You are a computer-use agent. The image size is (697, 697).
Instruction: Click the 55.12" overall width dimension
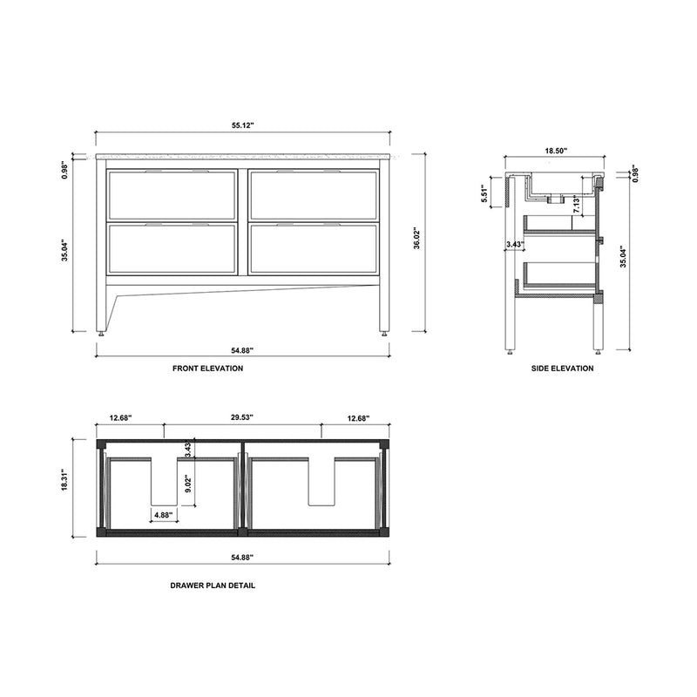click(242, 126)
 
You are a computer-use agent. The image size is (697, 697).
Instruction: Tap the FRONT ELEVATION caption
click(208, 369)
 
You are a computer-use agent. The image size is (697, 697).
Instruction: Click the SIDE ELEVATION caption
click(562, 369)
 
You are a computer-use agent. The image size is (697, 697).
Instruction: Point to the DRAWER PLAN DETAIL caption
click(213, 585)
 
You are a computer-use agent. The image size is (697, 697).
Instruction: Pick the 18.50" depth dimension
click(556, 151)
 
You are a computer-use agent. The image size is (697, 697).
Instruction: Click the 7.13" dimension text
click(576, 206)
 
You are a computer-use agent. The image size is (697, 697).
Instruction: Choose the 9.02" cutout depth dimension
click(188, 478)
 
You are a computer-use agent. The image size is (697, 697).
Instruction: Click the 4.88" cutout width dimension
click(163, 515)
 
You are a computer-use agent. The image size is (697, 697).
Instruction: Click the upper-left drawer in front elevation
click(172, 195)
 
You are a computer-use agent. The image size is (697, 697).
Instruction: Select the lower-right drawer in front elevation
click(313, 249)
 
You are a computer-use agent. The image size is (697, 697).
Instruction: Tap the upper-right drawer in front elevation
click(313, 195)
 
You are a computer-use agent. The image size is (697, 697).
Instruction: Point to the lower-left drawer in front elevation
click(172, 249)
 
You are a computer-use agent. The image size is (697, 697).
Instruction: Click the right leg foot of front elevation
click(384, 332)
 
